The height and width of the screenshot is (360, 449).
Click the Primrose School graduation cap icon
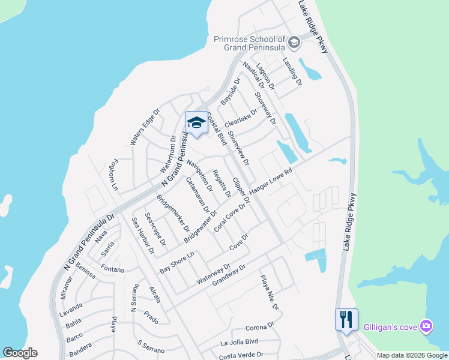[x=294, y=43]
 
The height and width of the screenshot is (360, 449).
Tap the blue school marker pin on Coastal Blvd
[x=196, y=123]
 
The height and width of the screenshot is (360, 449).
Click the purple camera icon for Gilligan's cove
[x=426, y=326]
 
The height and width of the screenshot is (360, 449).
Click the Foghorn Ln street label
[x=112, y=176]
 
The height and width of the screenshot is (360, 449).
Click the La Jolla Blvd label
[x=239, y=343]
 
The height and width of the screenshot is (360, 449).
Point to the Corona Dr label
[x=259, y=328]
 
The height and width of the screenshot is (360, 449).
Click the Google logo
[x=20, y=353]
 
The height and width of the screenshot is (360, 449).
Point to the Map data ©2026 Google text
[x=411, y=355]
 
